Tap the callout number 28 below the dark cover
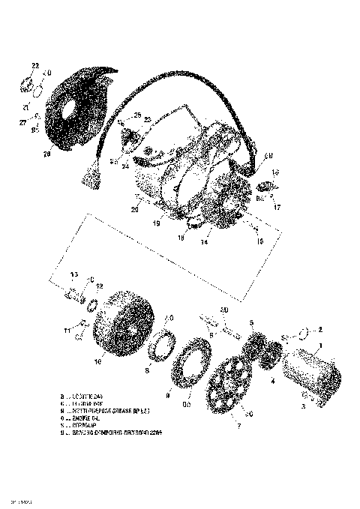[46, 155]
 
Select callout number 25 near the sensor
[136, 115]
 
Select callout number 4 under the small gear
[272, 382]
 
